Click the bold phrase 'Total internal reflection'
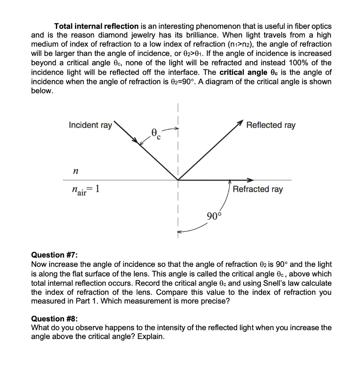[96, 26]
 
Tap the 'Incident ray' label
[90, 125]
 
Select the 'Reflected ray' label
[271, 125]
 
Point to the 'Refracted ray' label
[258, 189]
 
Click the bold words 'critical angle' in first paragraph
[244, 72]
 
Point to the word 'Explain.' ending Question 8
[151, 337]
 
